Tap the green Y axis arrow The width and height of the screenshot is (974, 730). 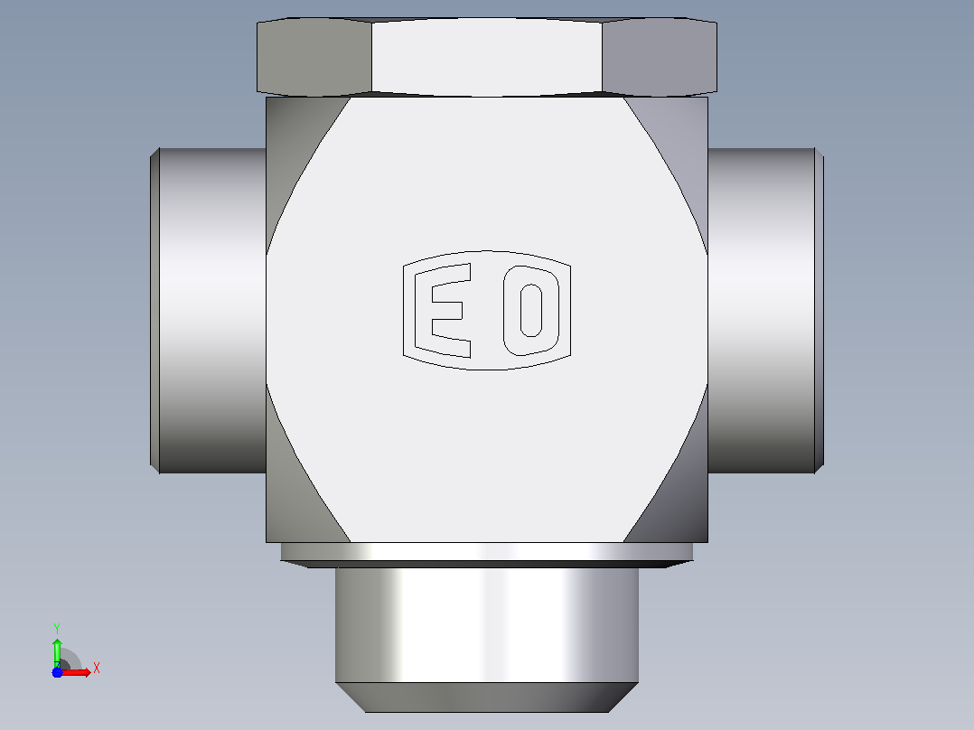57,651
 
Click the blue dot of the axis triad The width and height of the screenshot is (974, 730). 57,672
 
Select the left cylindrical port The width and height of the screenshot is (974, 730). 212,311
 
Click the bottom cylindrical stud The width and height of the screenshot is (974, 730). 487,625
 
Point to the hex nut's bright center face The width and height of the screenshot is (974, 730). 487,57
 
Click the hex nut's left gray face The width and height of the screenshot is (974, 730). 314,57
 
